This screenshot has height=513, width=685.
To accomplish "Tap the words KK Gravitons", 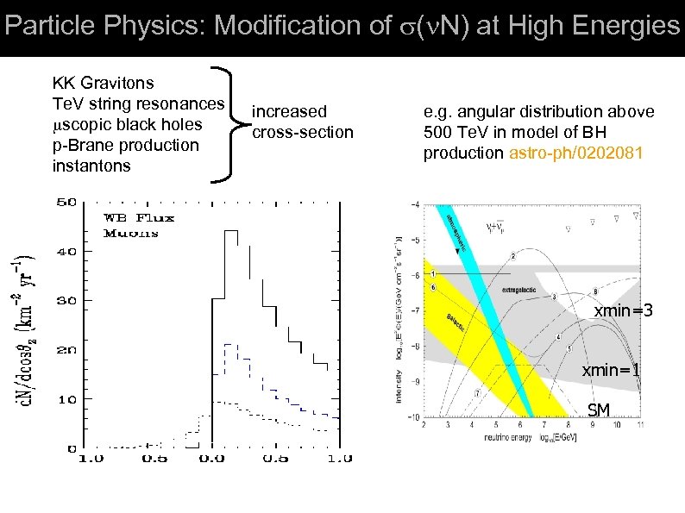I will (x=104, y=84).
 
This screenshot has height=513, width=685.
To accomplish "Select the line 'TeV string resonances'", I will (x=138, y=104).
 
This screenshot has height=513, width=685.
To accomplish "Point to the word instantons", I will (x=91, y=166).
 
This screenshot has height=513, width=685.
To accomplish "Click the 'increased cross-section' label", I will (x=302, y=122).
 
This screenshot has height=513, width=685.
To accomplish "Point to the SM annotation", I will (x=598, y=410).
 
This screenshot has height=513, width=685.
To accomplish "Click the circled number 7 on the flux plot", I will (x=477, y=392).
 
